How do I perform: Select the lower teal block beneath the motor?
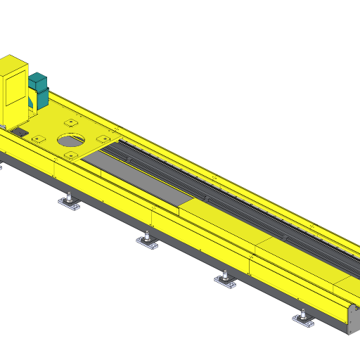pos(39,98)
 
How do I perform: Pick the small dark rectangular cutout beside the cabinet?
pos(20,131)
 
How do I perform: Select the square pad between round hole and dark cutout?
pos(38,139)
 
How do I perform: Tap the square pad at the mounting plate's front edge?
pos(71,155)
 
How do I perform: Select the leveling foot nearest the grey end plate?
pos(304,321)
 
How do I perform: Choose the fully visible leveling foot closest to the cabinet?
pos(69,204)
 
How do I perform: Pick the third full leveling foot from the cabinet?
pos(226,282)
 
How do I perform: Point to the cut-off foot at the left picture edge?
pos(1,167)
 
